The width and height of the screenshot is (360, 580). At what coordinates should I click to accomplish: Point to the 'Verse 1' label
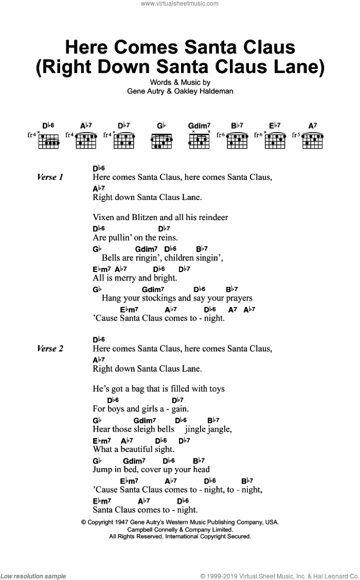click(x=50, y=177)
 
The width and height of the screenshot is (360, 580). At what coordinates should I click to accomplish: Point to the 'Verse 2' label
click(x=50, y=349)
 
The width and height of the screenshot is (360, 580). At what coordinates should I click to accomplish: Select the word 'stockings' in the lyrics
click(x=159, y=298)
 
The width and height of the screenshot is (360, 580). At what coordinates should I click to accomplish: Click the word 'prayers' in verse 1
click(x=237, y=298)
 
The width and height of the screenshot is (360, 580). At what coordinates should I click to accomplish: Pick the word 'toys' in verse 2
click(x=216, y=389)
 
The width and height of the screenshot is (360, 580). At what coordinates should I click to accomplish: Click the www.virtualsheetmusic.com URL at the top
click(x=180, y=4)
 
